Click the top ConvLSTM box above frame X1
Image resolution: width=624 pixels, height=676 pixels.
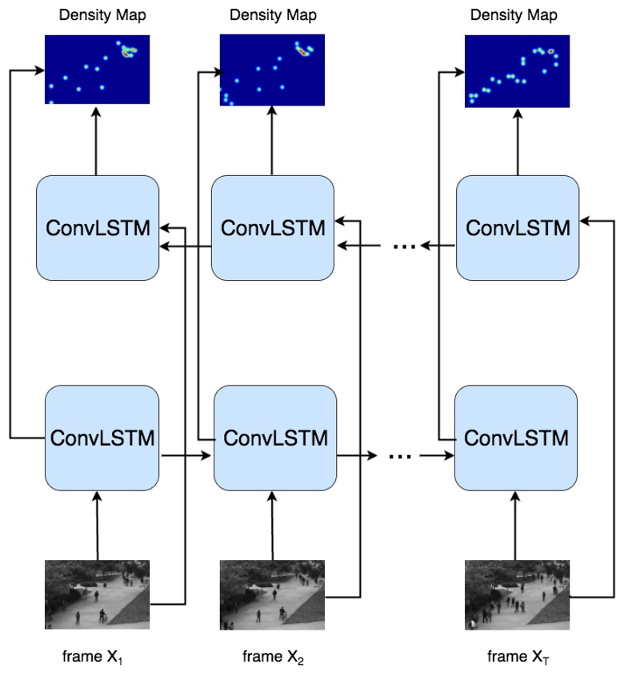pos(97,228)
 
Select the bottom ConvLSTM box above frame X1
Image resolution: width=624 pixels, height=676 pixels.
pos(102,438)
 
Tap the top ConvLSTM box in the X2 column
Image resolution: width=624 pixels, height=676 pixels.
pos(272,228)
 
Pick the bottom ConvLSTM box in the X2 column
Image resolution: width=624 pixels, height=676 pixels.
pos(275,438)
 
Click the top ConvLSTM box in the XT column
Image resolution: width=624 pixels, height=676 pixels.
pos(517,228)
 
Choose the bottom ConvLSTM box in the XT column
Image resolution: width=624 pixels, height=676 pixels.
pos(516,438)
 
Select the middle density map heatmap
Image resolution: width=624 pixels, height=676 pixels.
pos(272,70)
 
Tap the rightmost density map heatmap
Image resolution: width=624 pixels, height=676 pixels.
pos(518,70)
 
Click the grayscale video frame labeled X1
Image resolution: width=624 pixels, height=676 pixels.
pos(97,594)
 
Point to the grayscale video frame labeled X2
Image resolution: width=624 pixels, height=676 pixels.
pos(272,594)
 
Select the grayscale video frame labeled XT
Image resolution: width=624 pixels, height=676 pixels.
pos(517,594)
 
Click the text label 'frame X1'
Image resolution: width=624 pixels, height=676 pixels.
pos(93,657)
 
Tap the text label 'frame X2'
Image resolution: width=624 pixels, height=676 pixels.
pos(273,657)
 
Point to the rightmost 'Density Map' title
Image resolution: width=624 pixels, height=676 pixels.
pos(514,15)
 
